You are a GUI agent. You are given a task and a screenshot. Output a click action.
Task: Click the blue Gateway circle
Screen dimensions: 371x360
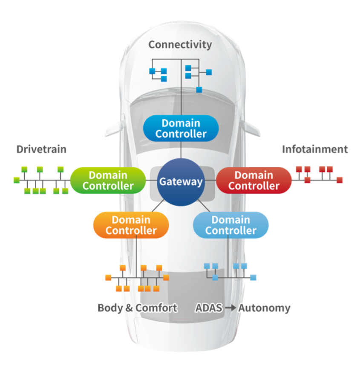point(181,182)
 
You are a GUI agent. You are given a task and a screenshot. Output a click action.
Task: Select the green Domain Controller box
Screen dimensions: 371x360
point(108,180)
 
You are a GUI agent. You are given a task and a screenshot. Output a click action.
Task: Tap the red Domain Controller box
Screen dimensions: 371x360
point(253,180)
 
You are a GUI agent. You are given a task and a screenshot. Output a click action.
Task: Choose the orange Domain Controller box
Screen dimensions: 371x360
point(131,225)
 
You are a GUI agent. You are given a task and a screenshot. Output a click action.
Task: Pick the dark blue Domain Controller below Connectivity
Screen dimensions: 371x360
point(181,128)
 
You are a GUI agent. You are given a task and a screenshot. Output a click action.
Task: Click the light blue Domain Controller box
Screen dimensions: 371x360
point(231,225)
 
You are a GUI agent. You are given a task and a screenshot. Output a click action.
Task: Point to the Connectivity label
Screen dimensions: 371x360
point(180,44)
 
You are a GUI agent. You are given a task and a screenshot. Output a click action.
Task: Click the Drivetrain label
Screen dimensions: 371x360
point(41,150)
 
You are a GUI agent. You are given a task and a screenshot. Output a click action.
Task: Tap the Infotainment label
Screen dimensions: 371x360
point(314,150)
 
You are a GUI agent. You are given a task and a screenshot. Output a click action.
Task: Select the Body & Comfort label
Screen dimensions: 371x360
point(137,308)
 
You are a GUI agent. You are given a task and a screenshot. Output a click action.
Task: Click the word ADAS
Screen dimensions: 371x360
point(209,308)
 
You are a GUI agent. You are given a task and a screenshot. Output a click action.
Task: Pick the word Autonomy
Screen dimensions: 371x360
point(264,308)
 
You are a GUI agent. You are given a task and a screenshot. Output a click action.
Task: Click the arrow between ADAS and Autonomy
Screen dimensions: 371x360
point(230,308)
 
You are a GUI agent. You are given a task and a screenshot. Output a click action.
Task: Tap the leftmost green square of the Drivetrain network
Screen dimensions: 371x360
point(17,180)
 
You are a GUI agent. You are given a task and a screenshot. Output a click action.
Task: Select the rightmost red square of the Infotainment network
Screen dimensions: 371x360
point(340,180)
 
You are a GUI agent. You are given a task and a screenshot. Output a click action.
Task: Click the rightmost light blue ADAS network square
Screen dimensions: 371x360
point(253,277)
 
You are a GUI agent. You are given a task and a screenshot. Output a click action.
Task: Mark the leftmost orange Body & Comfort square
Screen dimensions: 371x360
point(108,278)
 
